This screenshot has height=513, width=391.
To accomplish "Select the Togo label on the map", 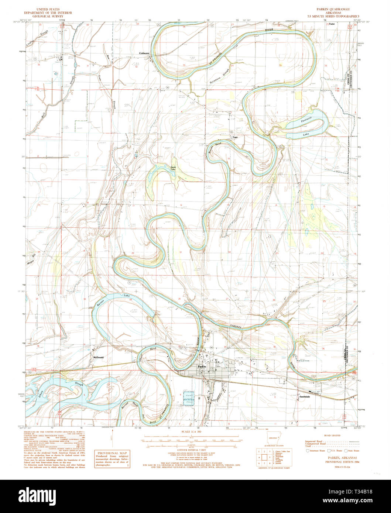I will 234,137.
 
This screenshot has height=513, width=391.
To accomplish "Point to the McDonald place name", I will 98,357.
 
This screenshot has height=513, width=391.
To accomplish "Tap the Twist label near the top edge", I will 332,24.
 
